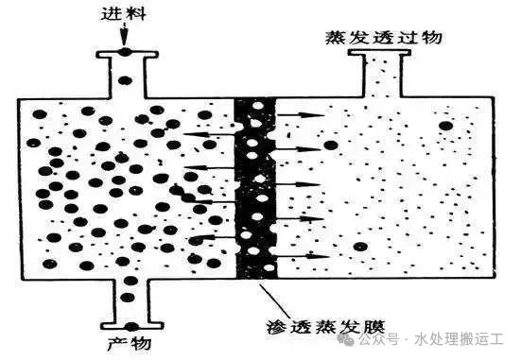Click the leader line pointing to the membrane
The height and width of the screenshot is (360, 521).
tap(269, 298)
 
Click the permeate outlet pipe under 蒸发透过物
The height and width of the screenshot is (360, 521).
tap(381, 72)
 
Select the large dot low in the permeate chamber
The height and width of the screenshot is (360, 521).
tap(360, 247)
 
